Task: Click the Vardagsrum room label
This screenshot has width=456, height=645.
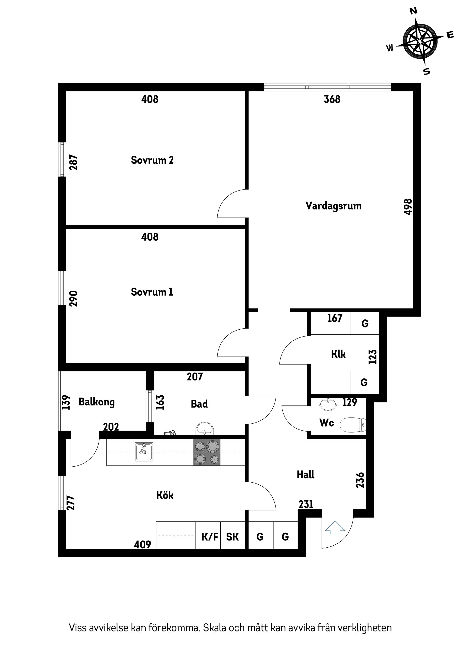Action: [333, 206]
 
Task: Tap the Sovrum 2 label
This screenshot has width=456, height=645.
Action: [152, 160]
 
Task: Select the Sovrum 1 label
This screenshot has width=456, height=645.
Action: [152, 292]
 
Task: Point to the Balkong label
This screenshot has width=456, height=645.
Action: [96, 402]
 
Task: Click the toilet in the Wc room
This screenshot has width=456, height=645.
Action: [353, 425]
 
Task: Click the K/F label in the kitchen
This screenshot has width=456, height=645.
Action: [210, 537]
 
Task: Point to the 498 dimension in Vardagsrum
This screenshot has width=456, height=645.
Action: [408, 207]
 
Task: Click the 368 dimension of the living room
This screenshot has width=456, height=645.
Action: [332, 99]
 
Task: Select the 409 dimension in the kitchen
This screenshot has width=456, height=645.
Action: [142, 545]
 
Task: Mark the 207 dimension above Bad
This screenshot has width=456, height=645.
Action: [195, 377]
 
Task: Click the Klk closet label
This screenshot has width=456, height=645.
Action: [338, 354]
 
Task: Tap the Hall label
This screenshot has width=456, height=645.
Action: [306, 475]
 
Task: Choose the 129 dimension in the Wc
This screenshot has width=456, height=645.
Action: [350, 402]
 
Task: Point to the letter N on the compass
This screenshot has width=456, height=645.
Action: [413, 11]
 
